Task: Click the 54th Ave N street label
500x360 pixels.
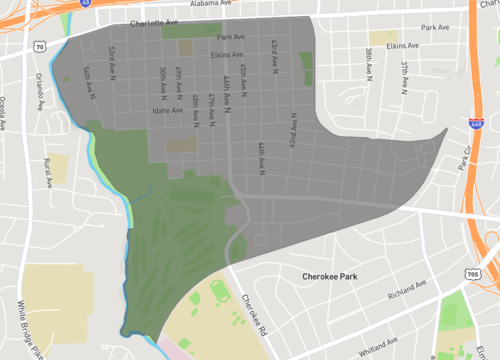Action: click(88, 80)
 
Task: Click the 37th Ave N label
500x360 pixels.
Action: click(405, 75)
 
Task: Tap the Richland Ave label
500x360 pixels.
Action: click(405, 297)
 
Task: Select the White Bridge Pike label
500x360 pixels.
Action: click(29, 305)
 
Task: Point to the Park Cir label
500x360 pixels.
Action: click(462, 159)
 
